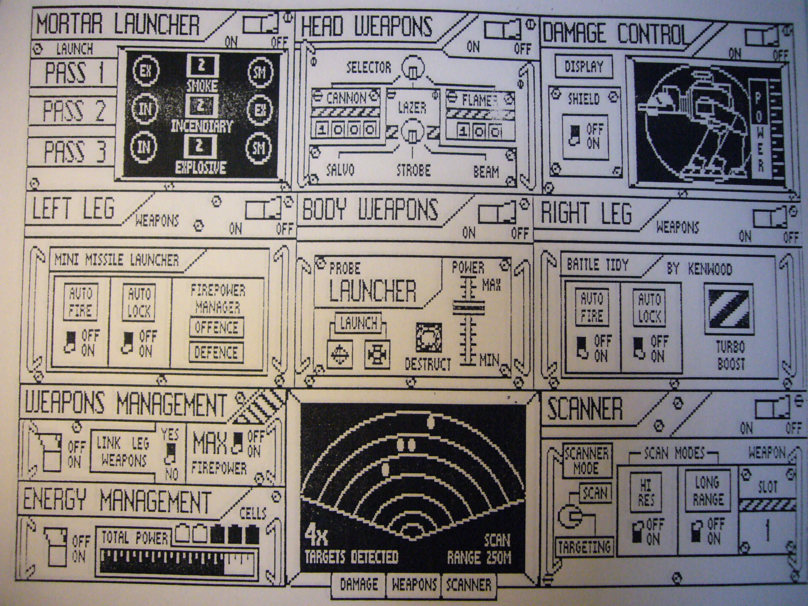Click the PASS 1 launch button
coord(73,72)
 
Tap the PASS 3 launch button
coord(73,151)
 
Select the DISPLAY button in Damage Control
coord(583,67)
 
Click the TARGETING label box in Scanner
coord(584,547)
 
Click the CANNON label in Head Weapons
coord(345,98)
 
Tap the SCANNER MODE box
coord(586,461)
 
